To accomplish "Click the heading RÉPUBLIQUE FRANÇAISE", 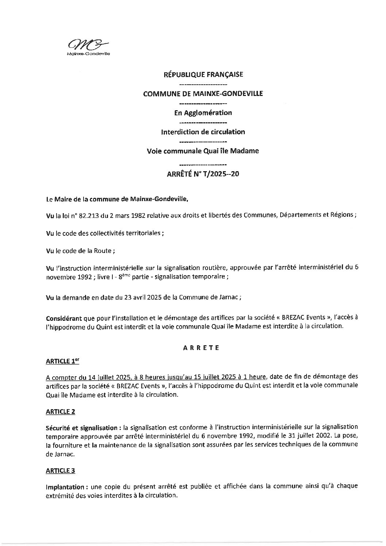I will pyautogui.click(x=203, y=74).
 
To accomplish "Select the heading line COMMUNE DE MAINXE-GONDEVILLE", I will pyautogui.click(x=203, y=94).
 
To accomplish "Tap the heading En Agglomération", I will pyautogui.click(x=203, y=113).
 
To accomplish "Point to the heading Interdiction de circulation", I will pyautogui.click(x=203, y=132).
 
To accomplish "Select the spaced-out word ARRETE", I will pyautogui.click(x=201, y=348).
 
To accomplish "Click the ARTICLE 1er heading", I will pyautogui.click(x=62, y=361).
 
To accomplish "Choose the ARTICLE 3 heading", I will pyautogui.click(x=61, y=471).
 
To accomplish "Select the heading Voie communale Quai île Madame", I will pyautogui.click(x=203, y=151).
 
